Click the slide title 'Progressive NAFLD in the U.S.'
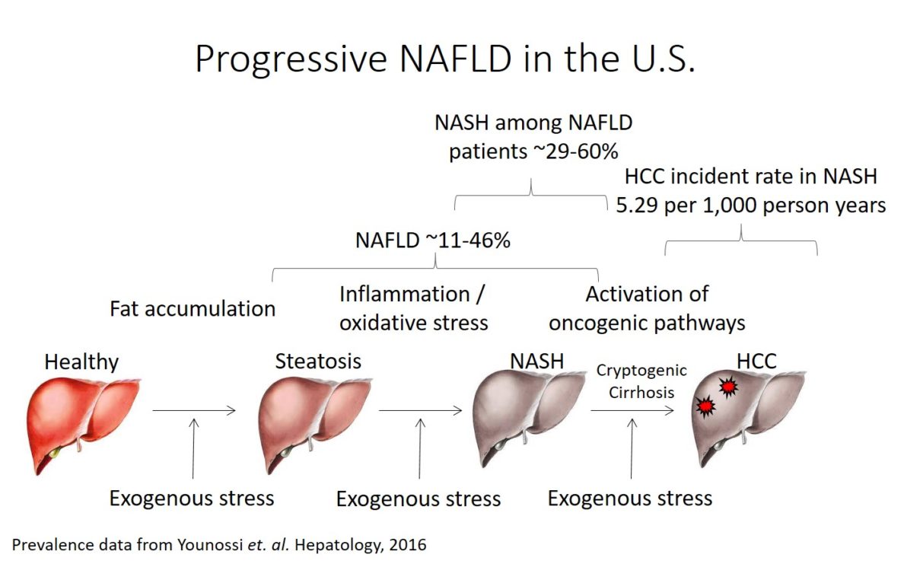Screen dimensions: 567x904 coord(445,59)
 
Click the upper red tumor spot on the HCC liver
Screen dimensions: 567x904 coord(728,388)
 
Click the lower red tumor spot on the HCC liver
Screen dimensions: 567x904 coord(705,407)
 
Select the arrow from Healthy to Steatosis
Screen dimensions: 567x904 coord(194,411)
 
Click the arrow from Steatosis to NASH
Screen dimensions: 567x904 coord(420,411)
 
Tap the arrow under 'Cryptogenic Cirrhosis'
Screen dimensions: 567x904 coord(632,411)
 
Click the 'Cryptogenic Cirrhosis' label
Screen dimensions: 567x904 coord(641,381)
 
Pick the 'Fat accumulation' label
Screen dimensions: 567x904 coord(193,308)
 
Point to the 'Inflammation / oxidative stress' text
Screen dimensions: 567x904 coord(413,308)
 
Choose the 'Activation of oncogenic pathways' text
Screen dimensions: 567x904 coord(647,308)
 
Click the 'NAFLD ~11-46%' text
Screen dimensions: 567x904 coord(432,240)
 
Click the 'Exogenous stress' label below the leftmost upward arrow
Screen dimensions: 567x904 coord(192,499)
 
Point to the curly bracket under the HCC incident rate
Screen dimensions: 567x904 coord(741,242)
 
